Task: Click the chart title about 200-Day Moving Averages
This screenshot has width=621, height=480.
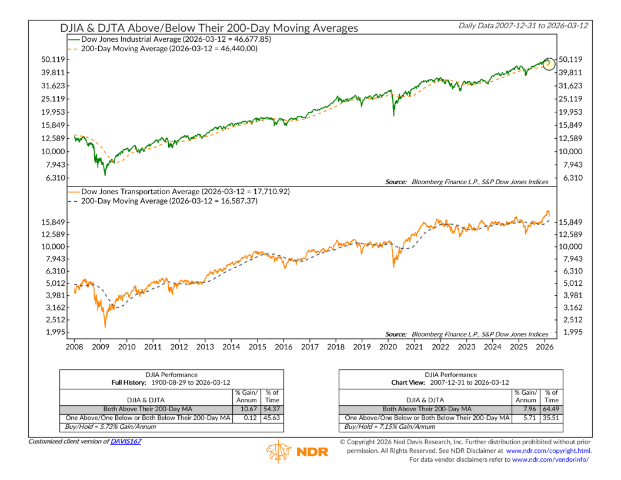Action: point(209,28)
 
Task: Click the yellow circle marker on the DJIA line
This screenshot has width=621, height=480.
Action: point(549,64)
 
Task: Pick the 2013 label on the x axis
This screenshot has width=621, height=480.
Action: point(205,347)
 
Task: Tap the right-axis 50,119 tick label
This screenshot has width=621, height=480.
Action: point(570,59)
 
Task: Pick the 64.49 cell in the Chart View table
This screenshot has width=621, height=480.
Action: point(551,409)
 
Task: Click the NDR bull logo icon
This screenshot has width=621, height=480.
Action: point(279,451)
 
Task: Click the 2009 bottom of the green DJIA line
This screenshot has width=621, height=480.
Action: point(105,175)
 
